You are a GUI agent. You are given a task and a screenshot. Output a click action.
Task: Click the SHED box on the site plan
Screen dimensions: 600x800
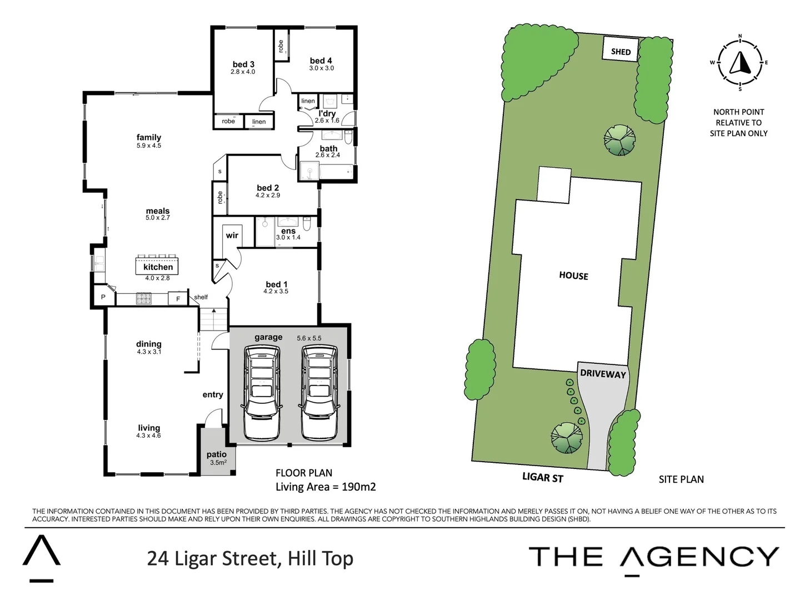[x=621, y=51]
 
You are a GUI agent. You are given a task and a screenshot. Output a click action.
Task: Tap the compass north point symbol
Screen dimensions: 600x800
[x=740, y=62]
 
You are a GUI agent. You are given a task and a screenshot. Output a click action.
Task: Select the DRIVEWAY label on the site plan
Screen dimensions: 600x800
[x=603, y=373]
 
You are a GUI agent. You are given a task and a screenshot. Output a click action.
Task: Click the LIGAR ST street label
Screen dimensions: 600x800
[x=542, y=477]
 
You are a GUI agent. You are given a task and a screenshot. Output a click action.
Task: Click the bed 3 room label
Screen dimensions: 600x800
[x=243, y=64]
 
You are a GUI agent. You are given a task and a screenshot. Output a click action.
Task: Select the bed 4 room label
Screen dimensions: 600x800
[x=321, y=61]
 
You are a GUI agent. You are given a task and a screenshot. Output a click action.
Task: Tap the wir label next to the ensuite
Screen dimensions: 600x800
[x=232, y=235]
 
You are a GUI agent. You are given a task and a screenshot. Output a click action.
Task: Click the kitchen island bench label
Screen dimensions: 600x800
[x=158, y=267]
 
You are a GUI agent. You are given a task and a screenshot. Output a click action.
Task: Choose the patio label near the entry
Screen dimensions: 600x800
[x=217, y=454]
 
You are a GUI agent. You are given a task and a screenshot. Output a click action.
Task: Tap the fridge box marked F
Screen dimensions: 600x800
[x=178, y=299]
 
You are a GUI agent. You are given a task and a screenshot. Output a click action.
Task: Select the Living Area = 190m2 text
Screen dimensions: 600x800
[x=326, y=487]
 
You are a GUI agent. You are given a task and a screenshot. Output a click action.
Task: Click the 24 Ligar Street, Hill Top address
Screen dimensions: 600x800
[x=250, y=558]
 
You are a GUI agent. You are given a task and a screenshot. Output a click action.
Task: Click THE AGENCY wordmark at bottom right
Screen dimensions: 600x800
[x=653, y=557]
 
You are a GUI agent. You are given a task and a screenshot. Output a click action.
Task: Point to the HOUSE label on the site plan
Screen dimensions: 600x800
[x=573, y=276]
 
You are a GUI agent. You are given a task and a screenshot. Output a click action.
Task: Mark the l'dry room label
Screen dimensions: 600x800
[x=327, y=113]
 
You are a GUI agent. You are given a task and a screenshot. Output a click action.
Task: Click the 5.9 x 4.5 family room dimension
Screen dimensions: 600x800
[x=149, y=146]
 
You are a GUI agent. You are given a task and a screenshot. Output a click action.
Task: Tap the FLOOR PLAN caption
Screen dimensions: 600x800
[x=304, y=473]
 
